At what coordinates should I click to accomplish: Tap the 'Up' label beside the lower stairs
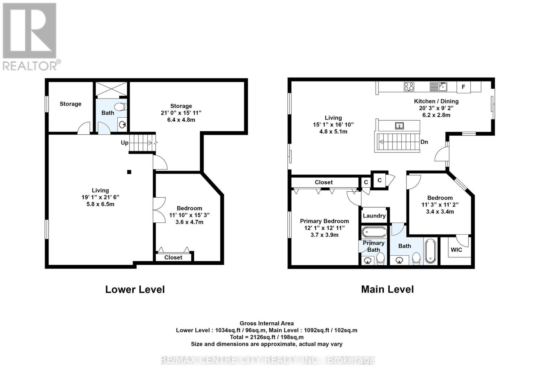(x=124, y=143)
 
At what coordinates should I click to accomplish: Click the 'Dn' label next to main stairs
(x=424, y=142)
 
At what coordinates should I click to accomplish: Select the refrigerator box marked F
(x=464, y=87)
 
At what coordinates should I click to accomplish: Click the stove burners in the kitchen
(x=409, y=86)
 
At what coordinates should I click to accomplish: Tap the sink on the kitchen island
(x=399, y=126)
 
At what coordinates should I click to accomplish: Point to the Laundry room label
(x=374, y=216)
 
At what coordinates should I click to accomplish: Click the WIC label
(x=456, y=250)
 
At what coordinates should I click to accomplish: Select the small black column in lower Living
(x=129, y=172)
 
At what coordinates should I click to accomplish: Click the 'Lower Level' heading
(x=135, y=290)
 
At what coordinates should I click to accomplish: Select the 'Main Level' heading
(x=387, y=290)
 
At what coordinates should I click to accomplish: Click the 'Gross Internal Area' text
(x=267, y=323)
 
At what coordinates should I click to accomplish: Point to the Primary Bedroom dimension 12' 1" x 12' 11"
(x=324, y=228)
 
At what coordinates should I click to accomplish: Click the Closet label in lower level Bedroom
(x=173, y=257)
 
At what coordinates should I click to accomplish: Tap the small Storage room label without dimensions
(x=70, y=104)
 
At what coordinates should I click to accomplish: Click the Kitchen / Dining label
(x=436, y=101)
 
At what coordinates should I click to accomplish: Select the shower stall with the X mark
(x=112, y=89)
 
